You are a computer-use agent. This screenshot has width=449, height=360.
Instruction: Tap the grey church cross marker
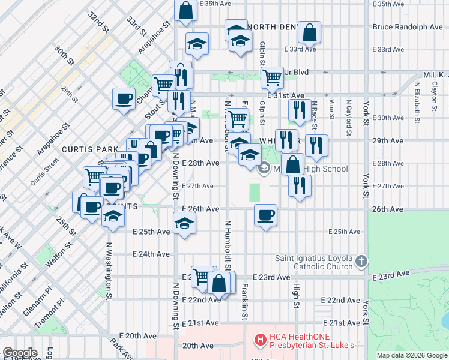point(360,261)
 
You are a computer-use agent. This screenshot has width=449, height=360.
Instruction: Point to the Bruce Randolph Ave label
point(407,27)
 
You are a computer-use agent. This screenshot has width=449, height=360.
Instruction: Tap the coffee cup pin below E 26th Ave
point(265,215)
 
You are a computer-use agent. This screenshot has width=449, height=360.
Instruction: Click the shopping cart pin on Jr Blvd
point(273,77)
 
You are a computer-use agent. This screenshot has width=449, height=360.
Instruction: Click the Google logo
point(20,353)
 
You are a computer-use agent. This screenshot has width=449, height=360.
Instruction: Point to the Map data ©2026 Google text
point(412,355)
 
